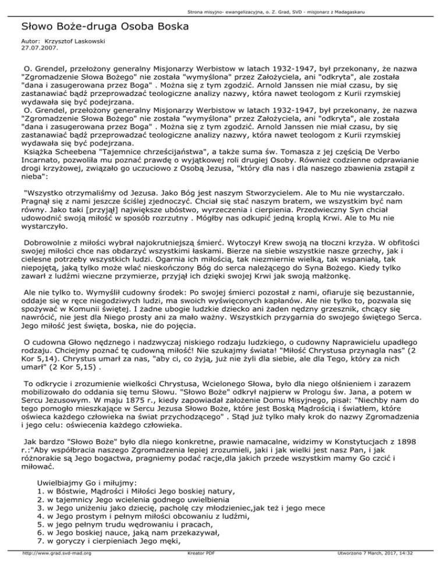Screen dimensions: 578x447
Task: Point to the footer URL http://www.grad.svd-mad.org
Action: coord(51,570)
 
